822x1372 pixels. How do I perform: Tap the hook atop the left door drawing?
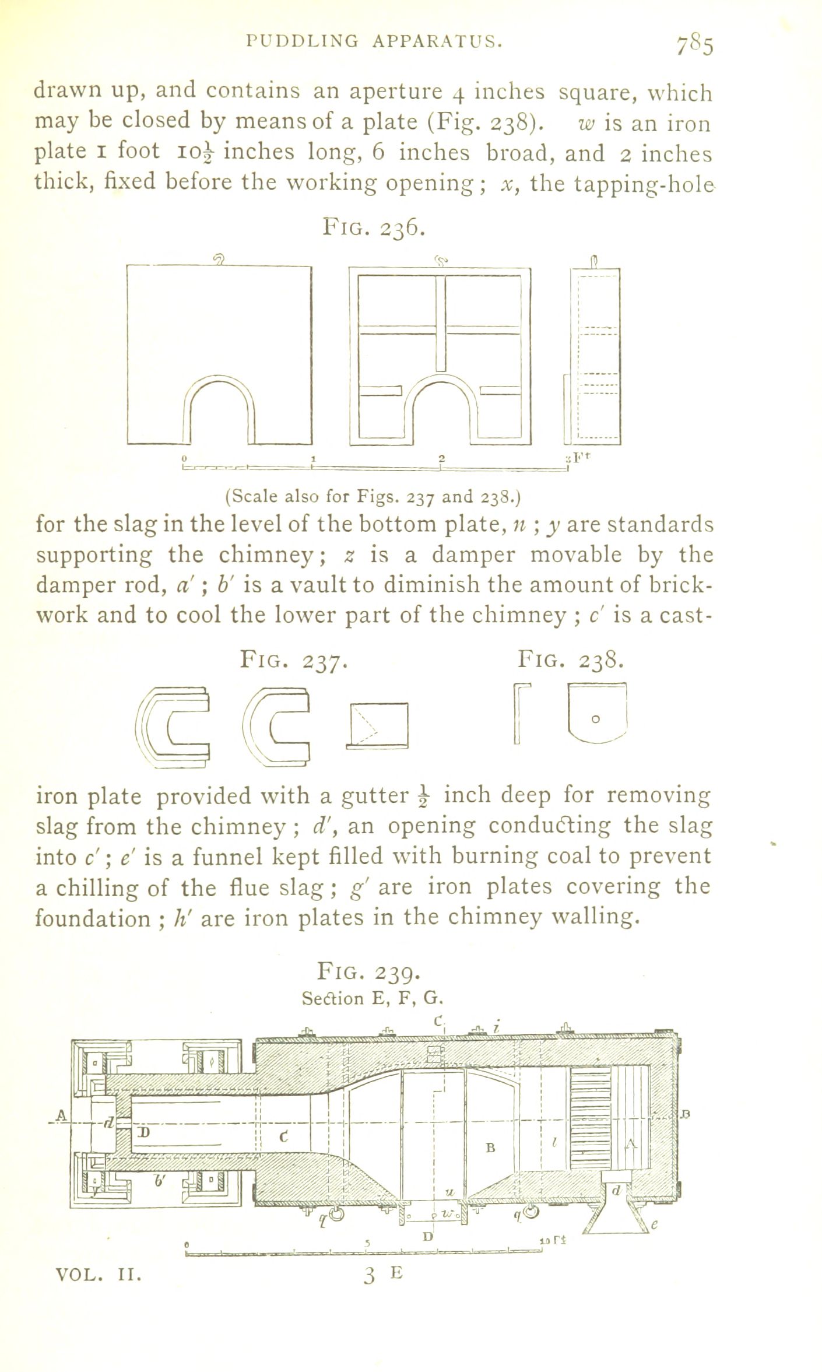(x=220, y=258)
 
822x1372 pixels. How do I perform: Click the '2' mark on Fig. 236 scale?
(x=441, y=457)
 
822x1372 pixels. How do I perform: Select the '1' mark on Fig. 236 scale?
(x=313, y=457)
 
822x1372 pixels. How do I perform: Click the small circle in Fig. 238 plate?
(x=595, y=720)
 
